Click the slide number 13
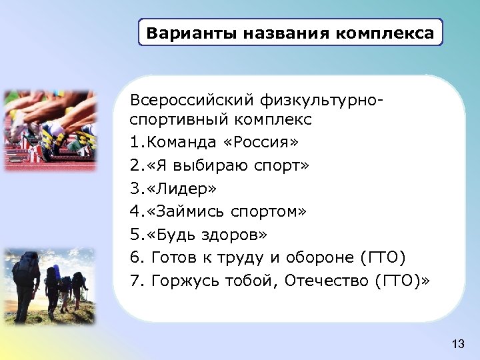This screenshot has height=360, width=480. point(457,344)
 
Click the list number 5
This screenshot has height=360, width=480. point(135,235)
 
